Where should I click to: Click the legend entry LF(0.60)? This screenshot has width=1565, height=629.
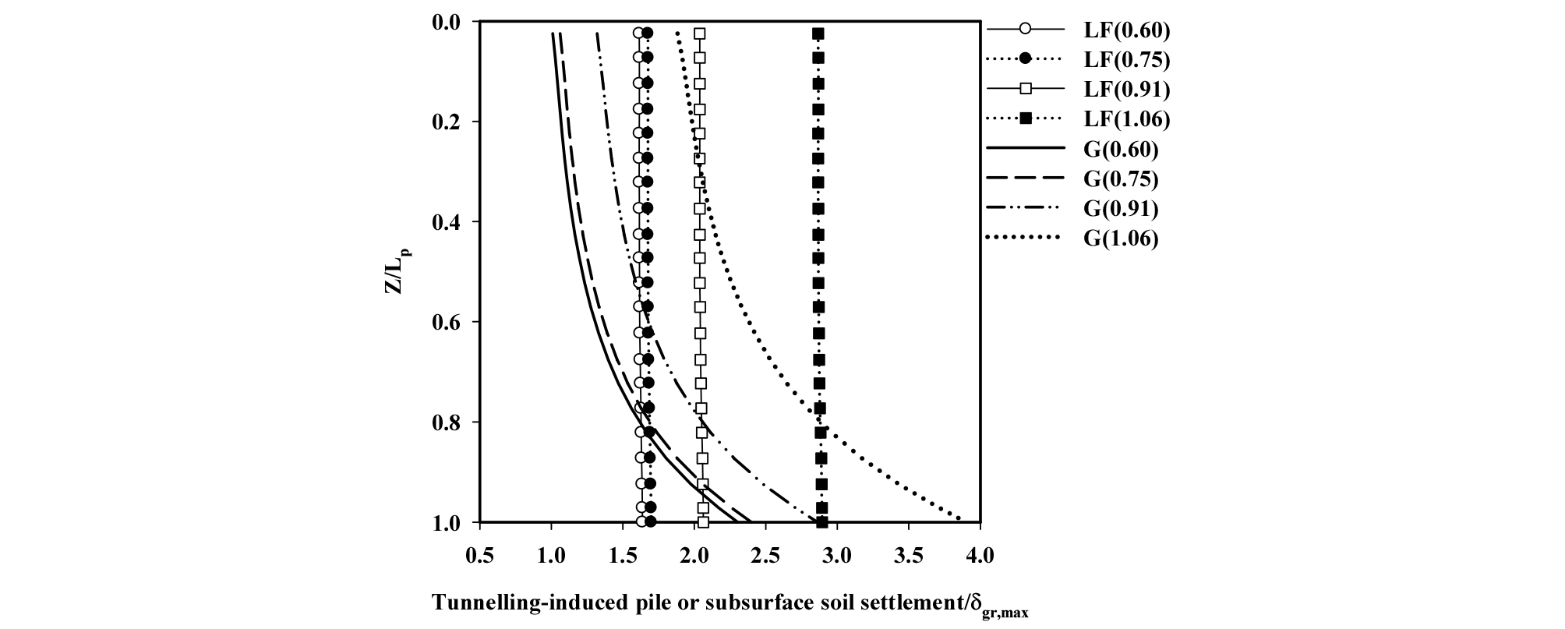pos(1126,30)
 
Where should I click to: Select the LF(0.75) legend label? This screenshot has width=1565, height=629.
pos(1126,60)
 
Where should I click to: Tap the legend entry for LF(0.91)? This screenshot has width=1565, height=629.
pos(1126,90)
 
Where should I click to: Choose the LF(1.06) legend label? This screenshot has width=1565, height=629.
pos(1126,119)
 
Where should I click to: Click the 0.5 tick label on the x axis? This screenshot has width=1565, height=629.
pos(479,557)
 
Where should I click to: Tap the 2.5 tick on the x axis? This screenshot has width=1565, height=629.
pos(765,557)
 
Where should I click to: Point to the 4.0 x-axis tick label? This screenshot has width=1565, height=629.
pos(980,557)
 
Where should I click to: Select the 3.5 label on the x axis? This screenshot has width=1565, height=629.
pos(908,557)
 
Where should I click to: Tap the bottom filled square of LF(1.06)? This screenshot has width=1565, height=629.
pos(821,521)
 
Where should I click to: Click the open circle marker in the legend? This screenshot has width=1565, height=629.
pos(1026,30)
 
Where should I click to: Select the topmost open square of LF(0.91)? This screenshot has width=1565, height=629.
pos(700,34)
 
